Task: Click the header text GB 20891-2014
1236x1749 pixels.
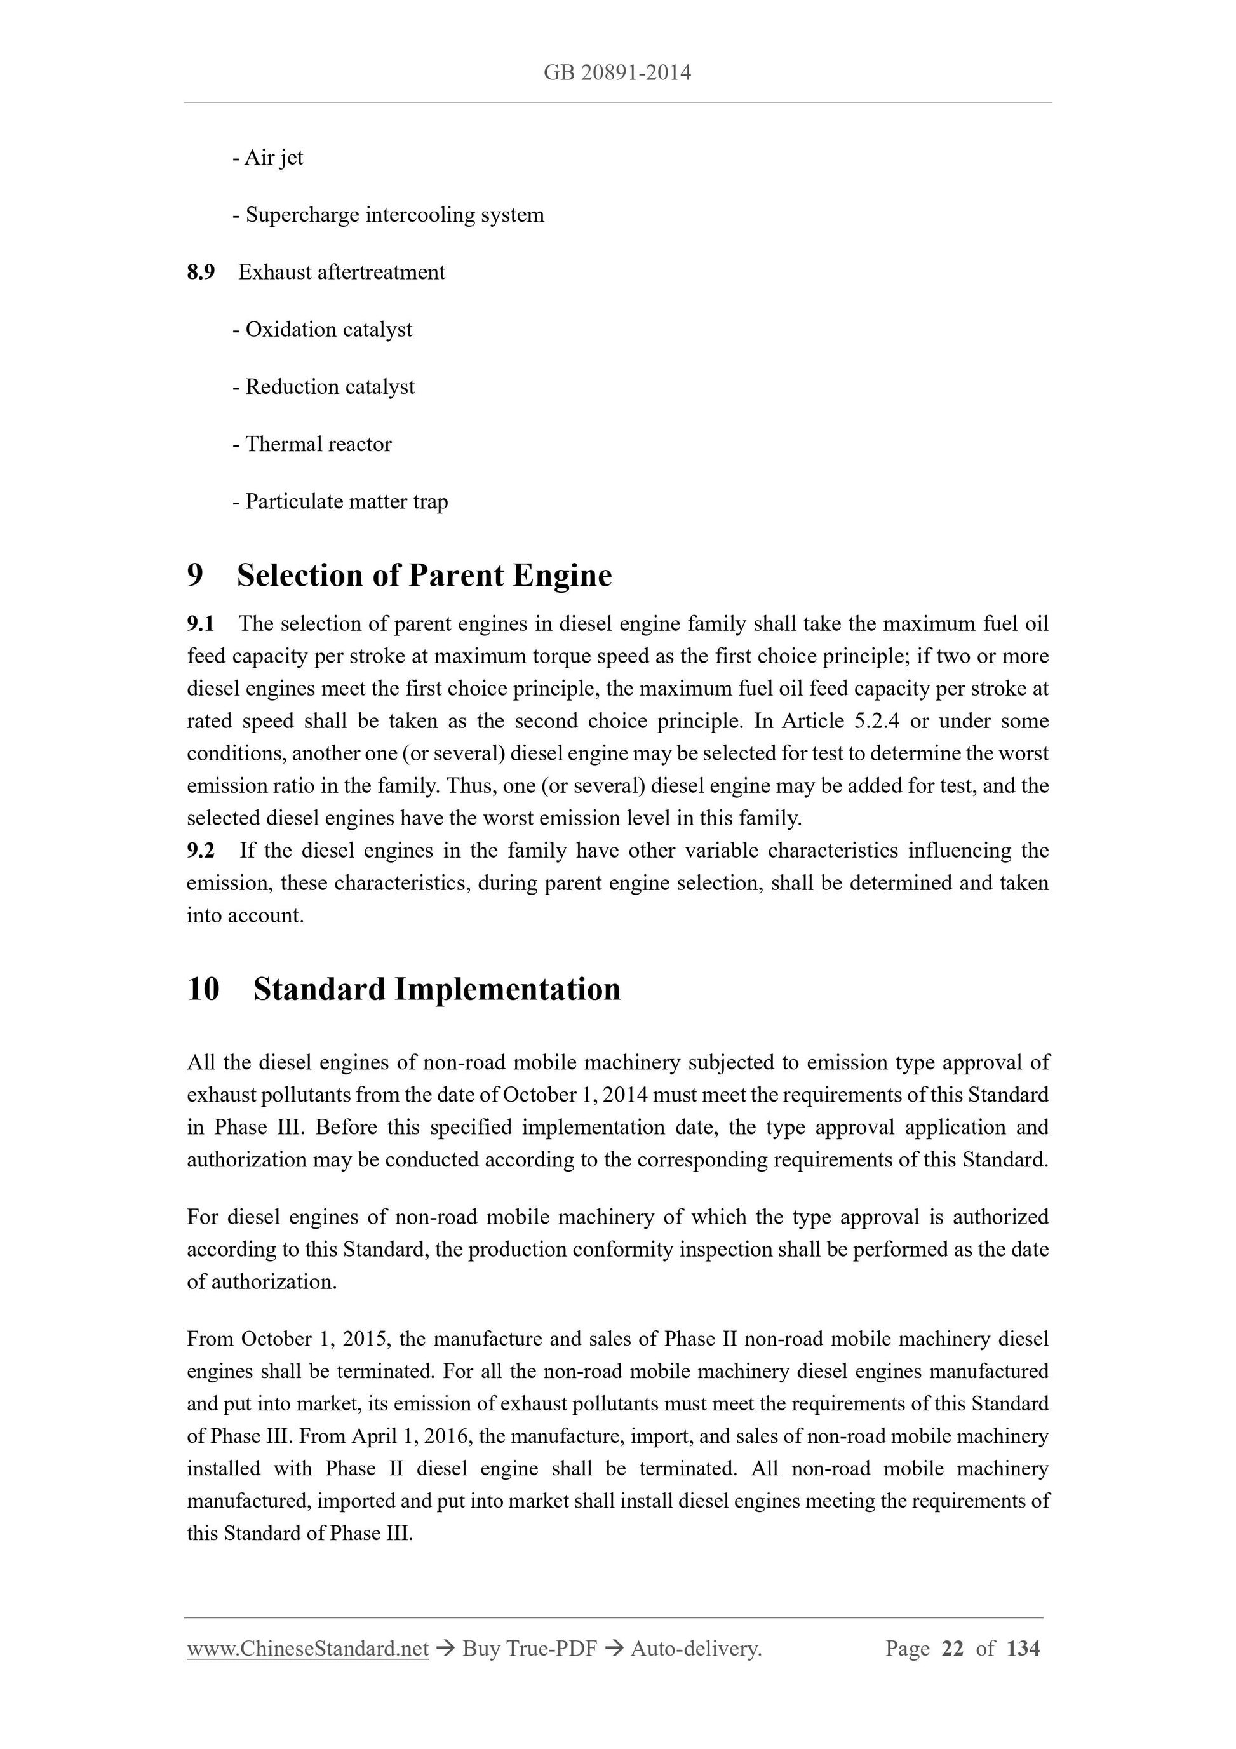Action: pos(617,73)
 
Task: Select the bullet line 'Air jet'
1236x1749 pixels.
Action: pos(268,158)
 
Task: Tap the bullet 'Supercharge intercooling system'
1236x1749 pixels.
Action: pos(388,215)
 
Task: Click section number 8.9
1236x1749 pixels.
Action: pos(201,272)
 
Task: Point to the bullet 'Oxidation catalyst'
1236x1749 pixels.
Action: pos(323,329)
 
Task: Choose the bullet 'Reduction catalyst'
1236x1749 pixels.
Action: pos(324,387)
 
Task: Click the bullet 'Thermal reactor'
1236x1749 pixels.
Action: pos(312,444)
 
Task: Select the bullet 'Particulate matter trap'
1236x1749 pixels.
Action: pos(340,501)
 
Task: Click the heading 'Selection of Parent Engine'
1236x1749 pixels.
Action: pos(424,575)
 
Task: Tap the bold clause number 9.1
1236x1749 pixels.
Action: pos(200,624)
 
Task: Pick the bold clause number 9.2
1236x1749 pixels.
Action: pos(200,850)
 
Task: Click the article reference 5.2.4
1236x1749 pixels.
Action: pos(876,720)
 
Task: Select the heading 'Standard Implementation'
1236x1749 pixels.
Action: pos(436,989)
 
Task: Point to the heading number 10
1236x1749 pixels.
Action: pos(203,989)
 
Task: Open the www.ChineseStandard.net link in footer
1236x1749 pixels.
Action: pos(307,1649)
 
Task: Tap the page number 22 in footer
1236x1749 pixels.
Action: pos(953,1649)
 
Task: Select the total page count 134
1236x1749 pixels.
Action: pos(1023,1649)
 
